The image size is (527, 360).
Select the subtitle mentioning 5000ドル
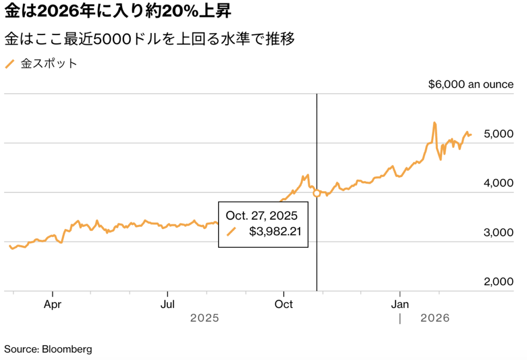coord(150,39)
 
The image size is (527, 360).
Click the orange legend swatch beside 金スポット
coord(10,64)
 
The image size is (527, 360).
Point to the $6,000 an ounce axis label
coord(470,84)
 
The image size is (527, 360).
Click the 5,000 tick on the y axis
coord(499,134)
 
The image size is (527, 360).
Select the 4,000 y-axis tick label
coord(499,183)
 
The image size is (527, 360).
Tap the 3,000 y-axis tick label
coord(499,232)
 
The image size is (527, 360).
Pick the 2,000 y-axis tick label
coord(499,282)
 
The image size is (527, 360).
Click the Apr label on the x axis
coord(52,304)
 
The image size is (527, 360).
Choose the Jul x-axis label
coord(168,304)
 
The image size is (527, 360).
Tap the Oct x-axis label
coord(284,304)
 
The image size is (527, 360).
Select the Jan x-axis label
coord(400,304)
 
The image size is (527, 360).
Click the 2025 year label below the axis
coord(205,318)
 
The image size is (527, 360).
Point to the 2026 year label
coord(435,318)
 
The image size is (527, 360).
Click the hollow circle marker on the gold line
coord(317,193)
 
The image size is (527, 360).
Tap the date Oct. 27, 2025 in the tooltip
coord(261,215)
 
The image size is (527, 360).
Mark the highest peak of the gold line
coord(435,123)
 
